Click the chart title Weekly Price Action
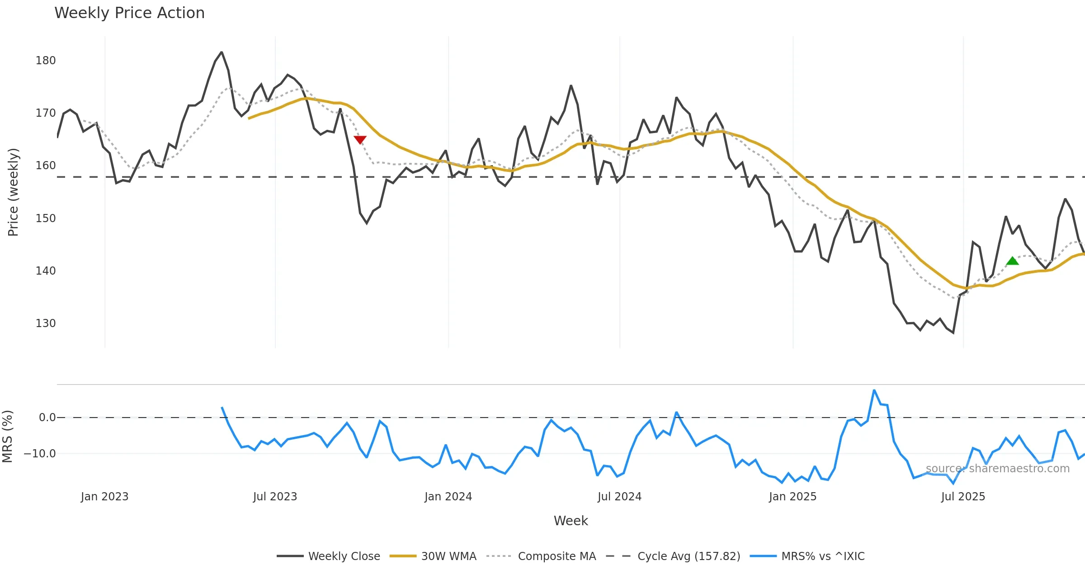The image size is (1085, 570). [129, 13]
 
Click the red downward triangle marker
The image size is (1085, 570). [360, 140]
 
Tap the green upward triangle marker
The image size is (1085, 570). [1012, 261]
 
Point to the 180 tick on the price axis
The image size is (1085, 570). [46, 61]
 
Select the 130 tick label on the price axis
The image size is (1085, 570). [46, 323]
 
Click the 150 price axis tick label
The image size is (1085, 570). [46, 218]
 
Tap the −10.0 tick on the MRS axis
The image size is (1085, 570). [40, 454]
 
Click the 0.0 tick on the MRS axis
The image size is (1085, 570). [47, 418]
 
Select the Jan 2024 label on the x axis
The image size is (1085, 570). [448, 497]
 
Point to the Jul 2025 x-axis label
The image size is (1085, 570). [963, 497]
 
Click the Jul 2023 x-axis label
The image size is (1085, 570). [275, 497]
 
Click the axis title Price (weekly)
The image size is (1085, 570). [13, 192]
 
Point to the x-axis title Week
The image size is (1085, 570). [571, 521]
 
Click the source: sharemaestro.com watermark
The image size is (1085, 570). [997, 469]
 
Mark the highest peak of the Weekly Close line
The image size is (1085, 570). [222, 52]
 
